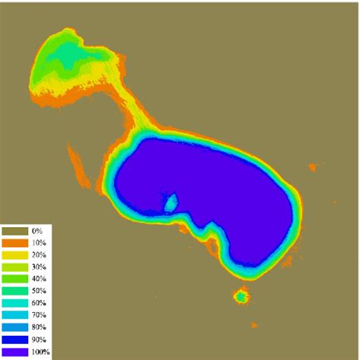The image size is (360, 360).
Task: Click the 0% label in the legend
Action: click(x=36, y=230)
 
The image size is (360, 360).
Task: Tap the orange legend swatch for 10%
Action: click(x=14, y=242)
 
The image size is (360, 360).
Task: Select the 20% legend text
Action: click(x=38, y=254)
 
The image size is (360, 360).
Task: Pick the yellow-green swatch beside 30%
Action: click(x=14, y=267)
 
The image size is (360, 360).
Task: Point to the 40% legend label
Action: click(x=38, y=279)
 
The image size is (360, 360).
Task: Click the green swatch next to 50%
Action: click(x=14, y=291)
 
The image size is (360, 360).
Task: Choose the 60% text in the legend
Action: click(x=38, y=303)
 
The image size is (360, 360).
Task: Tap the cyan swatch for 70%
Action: click(x=14, y=315)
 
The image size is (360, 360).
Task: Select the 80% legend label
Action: click(x=38, y=327)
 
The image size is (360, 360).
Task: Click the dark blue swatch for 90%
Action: click(x=14, y=339)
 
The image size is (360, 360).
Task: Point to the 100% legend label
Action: click(x=39, y=352)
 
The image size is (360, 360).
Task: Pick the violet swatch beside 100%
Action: click(x=14, y=352)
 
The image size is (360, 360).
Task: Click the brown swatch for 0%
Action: click(x=14, y=230)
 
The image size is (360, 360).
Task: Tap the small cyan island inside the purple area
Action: click(x=171, y=203)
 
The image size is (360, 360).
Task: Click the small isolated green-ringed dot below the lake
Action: click(x=242, y=296)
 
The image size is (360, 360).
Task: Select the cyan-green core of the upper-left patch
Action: click(x=70, y=55)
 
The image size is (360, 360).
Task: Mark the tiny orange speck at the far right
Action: click(x=312, y=167)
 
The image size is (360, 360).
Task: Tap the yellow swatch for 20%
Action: click(x=14, y=254)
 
